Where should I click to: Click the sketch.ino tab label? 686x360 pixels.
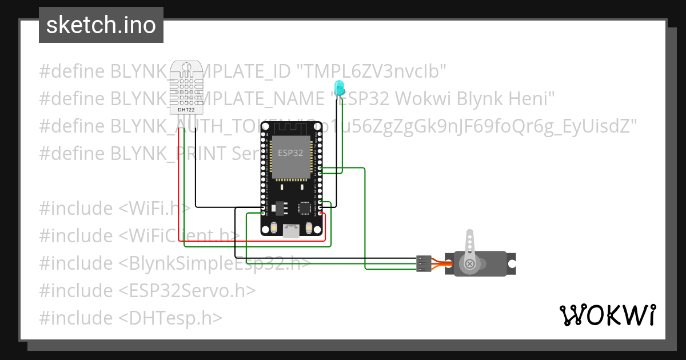[x=101, y=25]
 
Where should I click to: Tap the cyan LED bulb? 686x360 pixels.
[x=339, y=87]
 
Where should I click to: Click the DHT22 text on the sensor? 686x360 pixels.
[x=186, y=109]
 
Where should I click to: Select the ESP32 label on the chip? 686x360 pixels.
[x=290, y=153]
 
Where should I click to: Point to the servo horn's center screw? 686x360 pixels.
[x=470, y=263]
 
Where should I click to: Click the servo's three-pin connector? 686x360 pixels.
[x=423, y=263]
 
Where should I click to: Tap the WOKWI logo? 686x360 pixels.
[x=608, y=315]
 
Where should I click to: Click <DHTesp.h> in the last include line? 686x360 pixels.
[x=170, y=318]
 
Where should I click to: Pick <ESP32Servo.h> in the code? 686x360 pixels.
[x=187, y=290]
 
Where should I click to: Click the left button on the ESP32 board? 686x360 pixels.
[x=274, y=228]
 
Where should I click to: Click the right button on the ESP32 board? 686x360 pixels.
[x=309, y=228]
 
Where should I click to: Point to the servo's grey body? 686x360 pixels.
[x=486, y=264]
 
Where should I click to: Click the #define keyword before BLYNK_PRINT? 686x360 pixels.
[x=72, y=154]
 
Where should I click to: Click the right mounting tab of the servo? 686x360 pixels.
[x=512, y=263]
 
